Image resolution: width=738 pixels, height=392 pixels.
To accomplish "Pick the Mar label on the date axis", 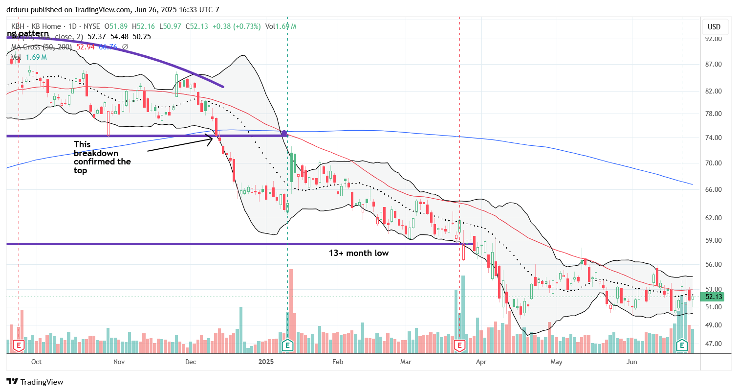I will click(x=406, y=362).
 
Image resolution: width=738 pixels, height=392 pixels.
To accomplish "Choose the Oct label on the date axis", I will click(x=36, y=362).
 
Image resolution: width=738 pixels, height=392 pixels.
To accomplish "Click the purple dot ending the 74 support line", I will click(x=284, y=133).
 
